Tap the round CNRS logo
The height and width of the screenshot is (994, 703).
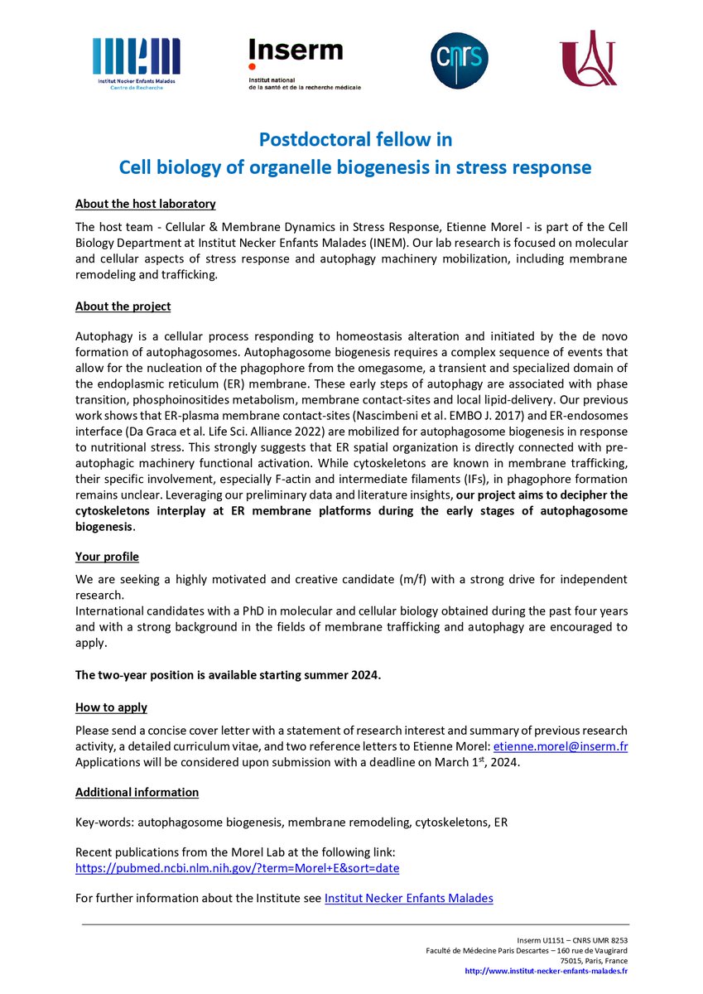tap(460, 60)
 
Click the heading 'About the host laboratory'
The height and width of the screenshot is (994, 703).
tap(145, 204)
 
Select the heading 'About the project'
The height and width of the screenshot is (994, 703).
tap(123, 306)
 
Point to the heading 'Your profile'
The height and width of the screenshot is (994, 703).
tap(107, 556)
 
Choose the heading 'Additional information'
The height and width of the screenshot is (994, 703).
tap(137, 793)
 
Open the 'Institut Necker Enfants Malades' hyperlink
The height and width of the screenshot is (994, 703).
tap(408, 897)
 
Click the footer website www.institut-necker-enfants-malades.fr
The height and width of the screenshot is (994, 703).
tap(546, 971)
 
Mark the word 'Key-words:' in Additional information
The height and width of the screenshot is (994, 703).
tap(104, 823)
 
